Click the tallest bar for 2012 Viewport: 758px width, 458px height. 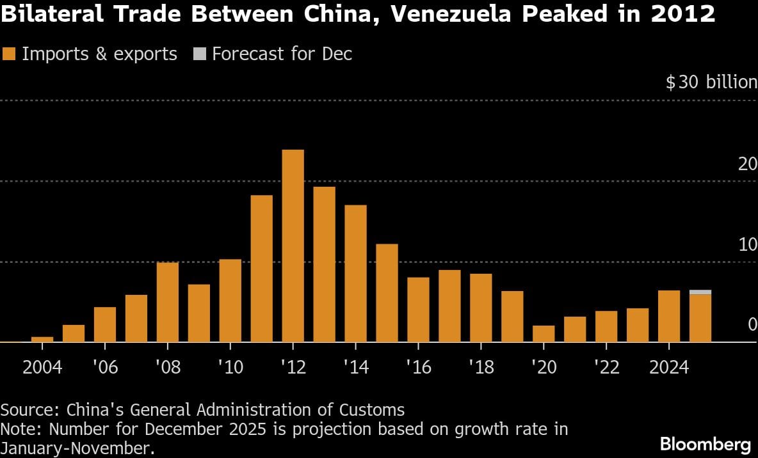(x=293, y=246)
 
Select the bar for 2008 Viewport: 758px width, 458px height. (x=168, y=302)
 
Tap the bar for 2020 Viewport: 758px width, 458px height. (x=544, y=334)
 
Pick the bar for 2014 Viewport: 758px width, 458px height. (x=355, y=274)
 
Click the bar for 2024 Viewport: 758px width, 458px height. (x=669, y=317)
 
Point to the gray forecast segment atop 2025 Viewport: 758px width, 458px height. (x=700, y=292)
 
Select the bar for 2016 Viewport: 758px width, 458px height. (x=418, y=310)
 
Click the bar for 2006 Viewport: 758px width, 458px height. (x=105, y=325)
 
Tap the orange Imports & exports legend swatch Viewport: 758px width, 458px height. (x=9, y=54)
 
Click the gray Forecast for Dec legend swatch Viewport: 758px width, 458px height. (x=199, y=54)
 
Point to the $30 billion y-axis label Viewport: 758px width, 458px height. (x=711, y=83)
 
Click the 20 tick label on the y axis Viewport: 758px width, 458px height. (x=747, y=164)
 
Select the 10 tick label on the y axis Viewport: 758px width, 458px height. (x=747, y=244)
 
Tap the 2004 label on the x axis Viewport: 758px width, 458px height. (x=42, y=368)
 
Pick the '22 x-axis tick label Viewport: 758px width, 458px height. (x=606, y=368)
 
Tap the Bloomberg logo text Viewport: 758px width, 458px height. (x=705, y=444)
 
